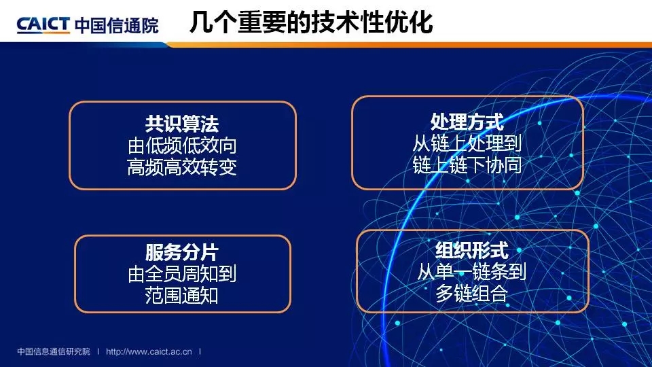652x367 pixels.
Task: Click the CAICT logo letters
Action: [43, 24]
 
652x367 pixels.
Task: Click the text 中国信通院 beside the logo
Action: [117, 25]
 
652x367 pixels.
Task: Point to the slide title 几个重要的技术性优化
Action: [311, 22]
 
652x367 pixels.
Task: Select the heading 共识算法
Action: [182, 124]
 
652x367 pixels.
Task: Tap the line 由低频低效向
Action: [182, 145]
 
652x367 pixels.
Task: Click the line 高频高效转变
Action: [182, 167]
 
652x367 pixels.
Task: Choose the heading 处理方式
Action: [467, 122]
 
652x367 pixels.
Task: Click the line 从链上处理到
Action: [467, 143]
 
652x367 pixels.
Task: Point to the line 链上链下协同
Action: [467, 165]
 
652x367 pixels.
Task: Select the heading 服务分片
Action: [182, 252]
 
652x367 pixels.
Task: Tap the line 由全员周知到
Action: [182, 274]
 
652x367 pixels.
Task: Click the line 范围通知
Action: [182, 296]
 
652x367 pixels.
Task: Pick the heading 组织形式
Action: [472, 251]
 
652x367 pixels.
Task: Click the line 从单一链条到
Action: [472, 272]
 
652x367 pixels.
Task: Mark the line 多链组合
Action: [472, 294]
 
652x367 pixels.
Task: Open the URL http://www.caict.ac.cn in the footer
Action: [149, 351]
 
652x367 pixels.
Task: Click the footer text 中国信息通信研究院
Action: [54, 351]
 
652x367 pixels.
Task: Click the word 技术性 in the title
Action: [348, 22]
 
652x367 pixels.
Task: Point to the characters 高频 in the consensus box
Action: [145, 167]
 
